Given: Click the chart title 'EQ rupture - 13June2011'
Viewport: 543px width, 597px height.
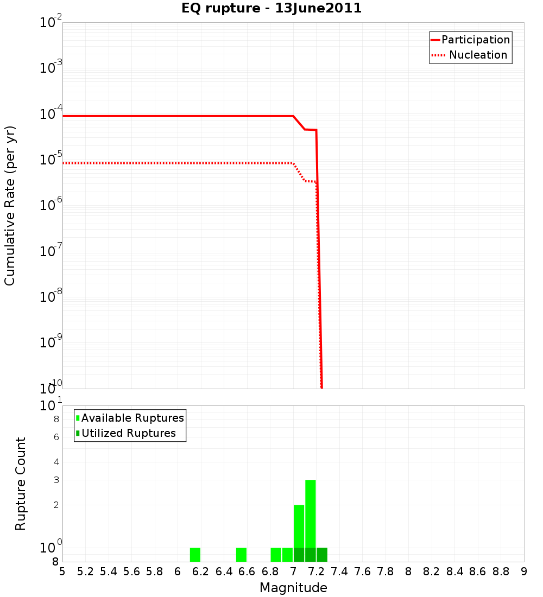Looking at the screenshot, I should click(x=271, y=9).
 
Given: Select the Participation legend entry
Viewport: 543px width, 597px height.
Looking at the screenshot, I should click(x=470, y=40).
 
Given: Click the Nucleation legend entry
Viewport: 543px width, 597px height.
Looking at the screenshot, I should click(x=470, y=55).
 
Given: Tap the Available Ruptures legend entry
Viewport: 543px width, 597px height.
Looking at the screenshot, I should click(x=130, y=418).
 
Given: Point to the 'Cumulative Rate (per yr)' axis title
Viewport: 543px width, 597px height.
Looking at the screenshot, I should click(x=10, y=205).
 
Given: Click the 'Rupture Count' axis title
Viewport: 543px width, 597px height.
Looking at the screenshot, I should click(x=21, y=484).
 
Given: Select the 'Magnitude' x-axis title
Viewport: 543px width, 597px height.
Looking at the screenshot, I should click(x=293, y=588).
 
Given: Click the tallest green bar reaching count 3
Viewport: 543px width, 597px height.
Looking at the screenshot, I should click(x=311, y=513).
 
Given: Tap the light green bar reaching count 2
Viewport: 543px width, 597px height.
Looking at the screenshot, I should click(x=299, y=525).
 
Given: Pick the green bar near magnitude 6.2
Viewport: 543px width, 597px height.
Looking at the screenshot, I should click(x=195, y=555).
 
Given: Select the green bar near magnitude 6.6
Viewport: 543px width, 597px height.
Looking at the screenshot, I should click(x=241, y=555).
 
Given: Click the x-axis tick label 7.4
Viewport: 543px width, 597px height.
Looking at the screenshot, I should click(x=339, y=571).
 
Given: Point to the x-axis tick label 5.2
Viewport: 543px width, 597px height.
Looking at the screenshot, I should click(x=85, y=571).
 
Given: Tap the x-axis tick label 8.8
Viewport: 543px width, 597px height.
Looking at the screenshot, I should click(x=501, y=571).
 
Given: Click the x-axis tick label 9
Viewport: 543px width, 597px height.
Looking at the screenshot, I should click(x=524, y=571).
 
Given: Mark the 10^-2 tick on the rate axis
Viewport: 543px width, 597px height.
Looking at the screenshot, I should click(x=51, y=23).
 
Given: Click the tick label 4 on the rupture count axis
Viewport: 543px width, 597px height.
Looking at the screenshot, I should click(x=56, y=462).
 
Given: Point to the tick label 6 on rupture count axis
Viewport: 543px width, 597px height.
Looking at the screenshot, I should click(x=56, y=437).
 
